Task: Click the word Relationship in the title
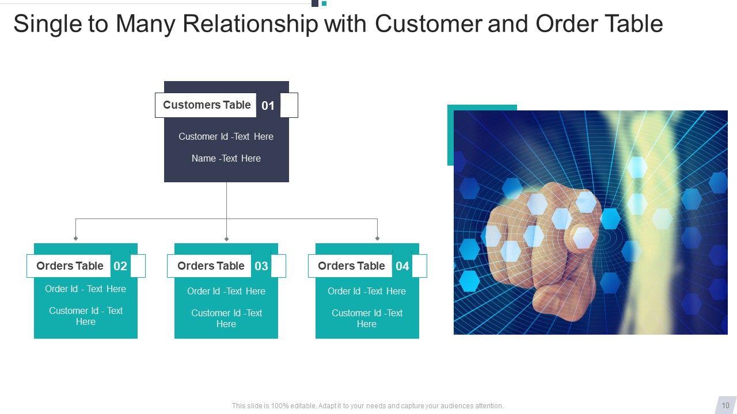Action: pos(250,24)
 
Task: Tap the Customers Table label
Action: pos(207,105)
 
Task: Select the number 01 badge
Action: pos(268,105)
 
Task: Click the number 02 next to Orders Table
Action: pos(120,266)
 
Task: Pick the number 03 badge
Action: pos(261,266)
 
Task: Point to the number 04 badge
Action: pos(402,266)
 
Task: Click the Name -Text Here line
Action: pos(226,158)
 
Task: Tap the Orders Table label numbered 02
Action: pos(70,266)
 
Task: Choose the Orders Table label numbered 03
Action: pos(211,266)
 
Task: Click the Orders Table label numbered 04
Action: pos(351,266)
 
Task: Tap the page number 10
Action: pos(725,405)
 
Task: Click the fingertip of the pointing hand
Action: pos(583,237)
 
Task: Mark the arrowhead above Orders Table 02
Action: pos(75,238)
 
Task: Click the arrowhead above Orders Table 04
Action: pos(377,238)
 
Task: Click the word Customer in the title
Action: pos(428,24)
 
